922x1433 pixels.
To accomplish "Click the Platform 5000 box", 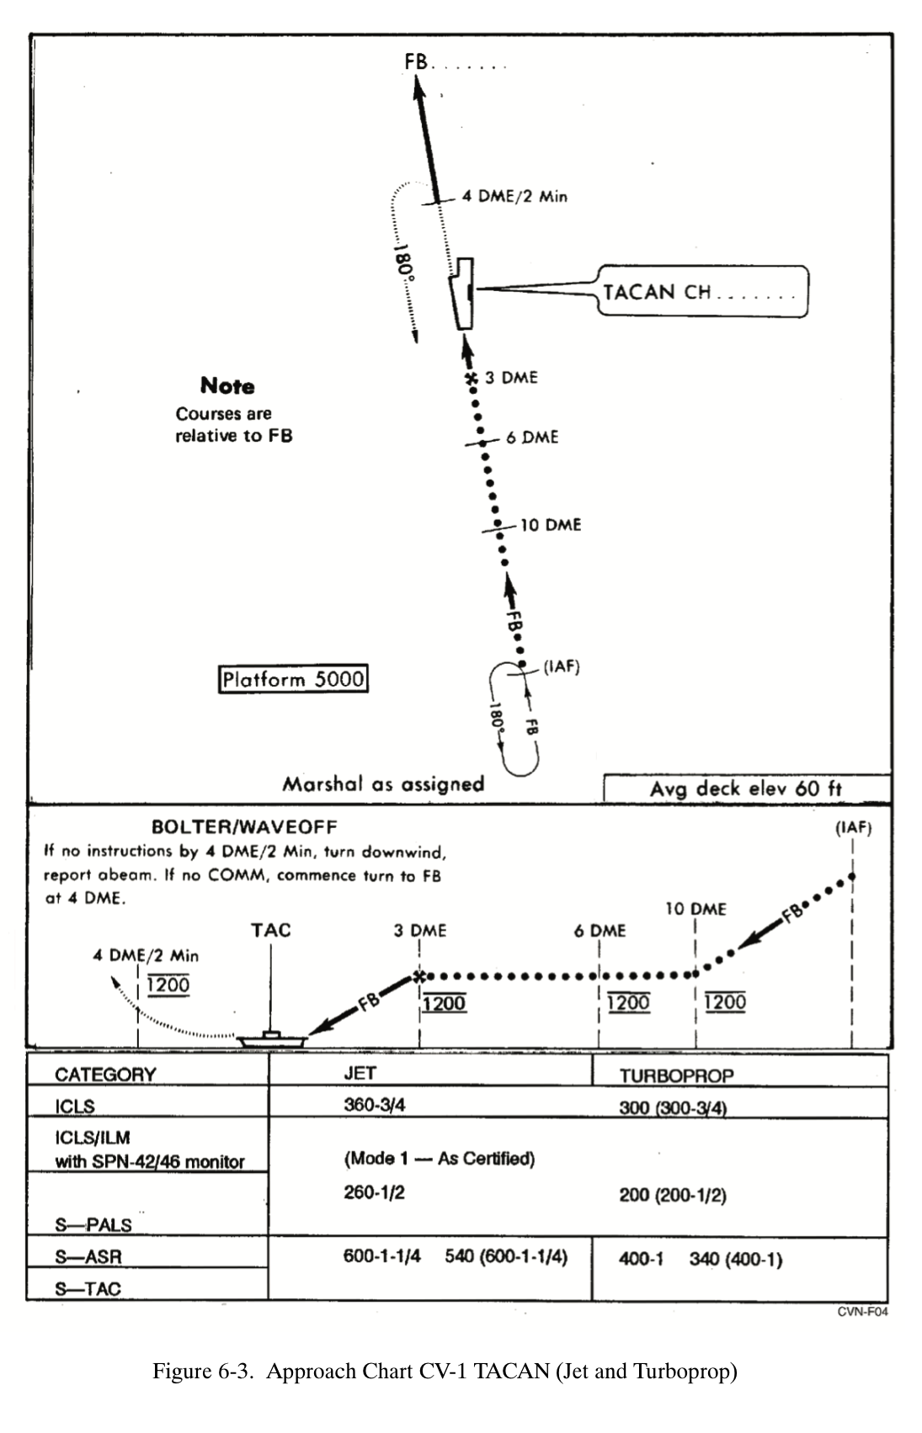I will click(x=293, y=679).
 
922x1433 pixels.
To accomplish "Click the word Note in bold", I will click(x=227, y=386).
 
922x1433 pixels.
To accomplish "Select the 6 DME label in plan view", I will click(x=532, y=438).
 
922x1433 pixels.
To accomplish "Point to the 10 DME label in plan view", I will click(x=551, y=525).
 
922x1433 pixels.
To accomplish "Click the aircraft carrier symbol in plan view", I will click(x=462, y=294).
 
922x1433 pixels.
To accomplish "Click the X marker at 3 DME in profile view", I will click(x=419, y=976).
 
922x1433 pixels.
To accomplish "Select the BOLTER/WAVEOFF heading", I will click(x=244, y=827).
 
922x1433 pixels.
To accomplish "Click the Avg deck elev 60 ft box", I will click(x=746, y=788).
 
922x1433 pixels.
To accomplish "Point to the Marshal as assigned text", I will click(x=383, y=784).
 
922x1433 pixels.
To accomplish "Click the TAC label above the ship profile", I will click(x=270, y=930).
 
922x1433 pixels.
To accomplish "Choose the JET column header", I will click(x=360, y=1073).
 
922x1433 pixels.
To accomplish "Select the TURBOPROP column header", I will click(x=676, y=1075).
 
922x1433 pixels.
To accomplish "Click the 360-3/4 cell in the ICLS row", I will click(x=374, y=1105).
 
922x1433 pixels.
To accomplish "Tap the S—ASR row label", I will click(x=88, y=1256).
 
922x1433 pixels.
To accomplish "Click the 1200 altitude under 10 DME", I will click(x=725, y=1002).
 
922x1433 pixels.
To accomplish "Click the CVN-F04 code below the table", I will click(x=862, y=1312).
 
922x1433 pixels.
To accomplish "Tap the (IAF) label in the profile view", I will click(x=853, y=828).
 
